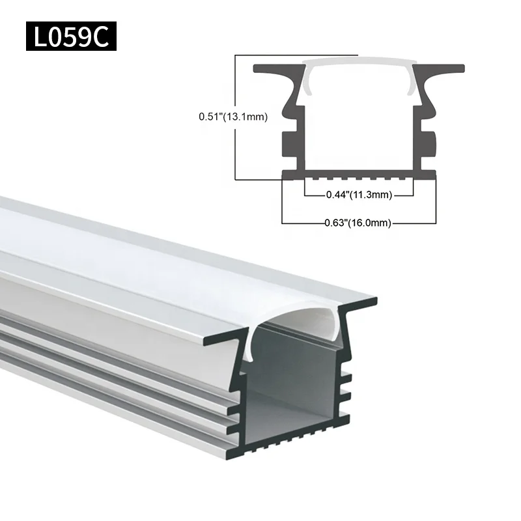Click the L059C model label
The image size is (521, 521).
tap(71, 37)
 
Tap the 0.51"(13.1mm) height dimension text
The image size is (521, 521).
tap(233, 117)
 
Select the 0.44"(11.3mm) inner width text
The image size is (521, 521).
tap(358, 193)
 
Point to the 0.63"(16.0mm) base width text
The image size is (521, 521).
tap(358, 223)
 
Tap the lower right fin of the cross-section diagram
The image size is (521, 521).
tap(429, 144)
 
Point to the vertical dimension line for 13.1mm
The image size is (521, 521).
tap(234, 150)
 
